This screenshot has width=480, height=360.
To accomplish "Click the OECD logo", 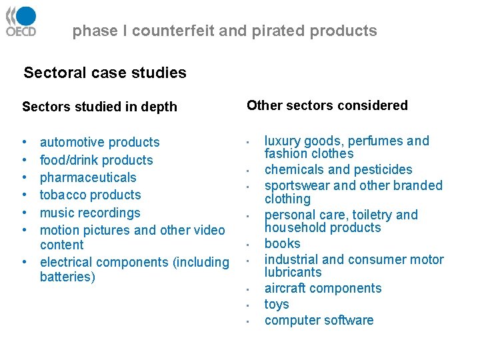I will [21, 21].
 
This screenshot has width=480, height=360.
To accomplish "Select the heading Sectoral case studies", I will [105, 73].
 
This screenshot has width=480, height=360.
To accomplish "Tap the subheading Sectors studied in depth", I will [99, 107].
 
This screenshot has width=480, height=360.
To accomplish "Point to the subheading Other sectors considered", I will [327, 105].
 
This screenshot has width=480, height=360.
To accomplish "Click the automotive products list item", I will [99, 142].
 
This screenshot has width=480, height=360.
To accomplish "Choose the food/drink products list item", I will [96, 160].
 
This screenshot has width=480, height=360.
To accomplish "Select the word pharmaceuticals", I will [88, 177].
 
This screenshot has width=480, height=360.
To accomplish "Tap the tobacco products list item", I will [90, 195].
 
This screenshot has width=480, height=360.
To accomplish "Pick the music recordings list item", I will [90, 213].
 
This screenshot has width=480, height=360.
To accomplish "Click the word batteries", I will [67, 277].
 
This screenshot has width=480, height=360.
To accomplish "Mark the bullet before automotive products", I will [24, 143].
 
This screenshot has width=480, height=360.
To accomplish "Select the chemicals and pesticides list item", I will [338, 169].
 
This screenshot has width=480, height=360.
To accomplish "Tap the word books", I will [282, 243].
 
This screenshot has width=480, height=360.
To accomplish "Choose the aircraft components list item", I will [323, 288].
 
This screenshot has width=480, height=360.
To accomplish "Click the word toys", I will [277, 304].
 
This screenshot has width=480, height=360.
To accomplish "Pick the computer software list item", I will [319, 320].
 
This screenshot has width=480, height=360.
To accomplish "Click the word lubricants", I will [293, 272].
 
